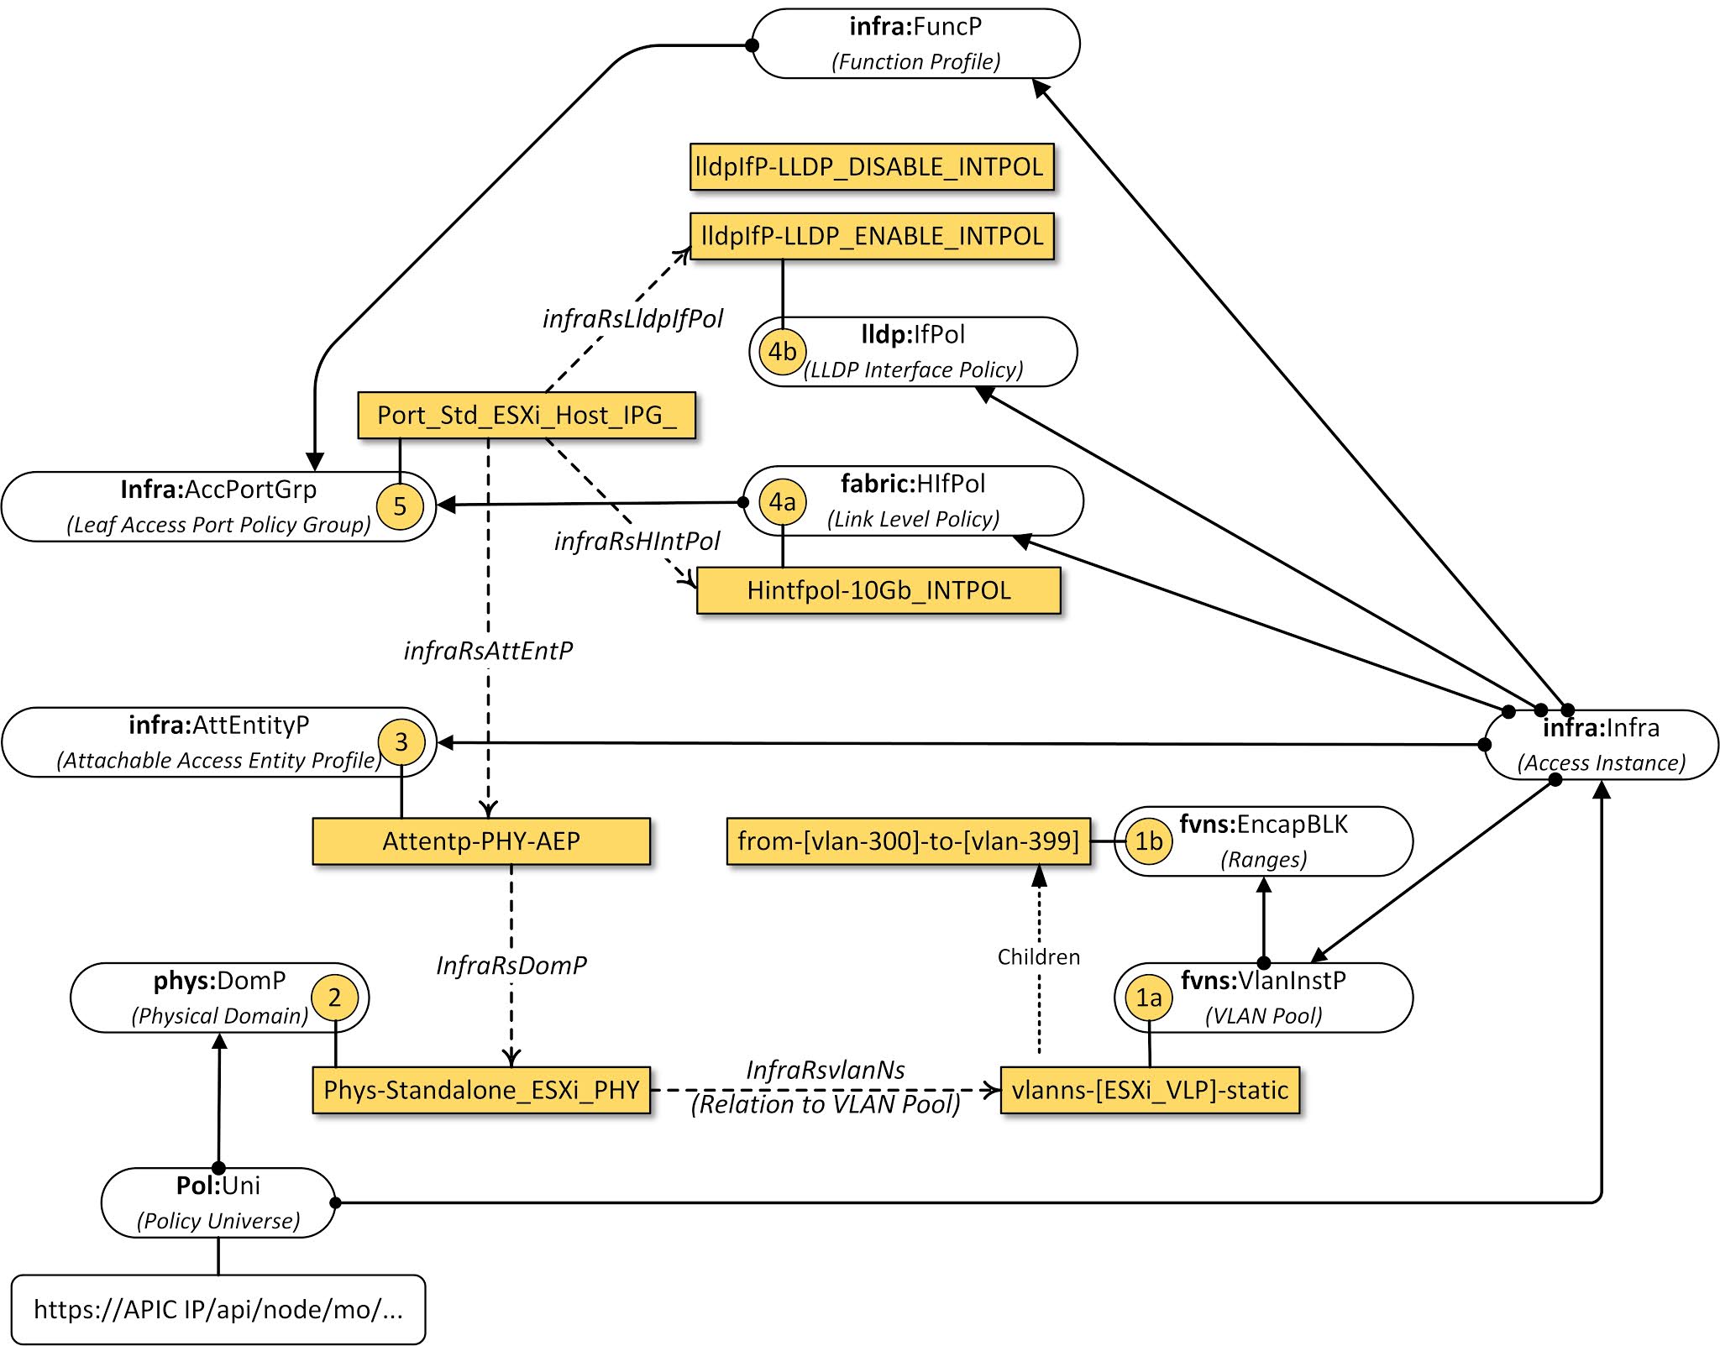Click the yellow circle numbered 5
pyautogui.click(x=400, y=506)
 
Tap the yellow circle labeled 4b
pyautogui.click(x=783, y=351)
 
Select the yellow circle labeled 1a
pyautogui.click(x=1148, y=998)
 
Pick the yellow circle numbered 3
pyautogui.click(x=401, y=742)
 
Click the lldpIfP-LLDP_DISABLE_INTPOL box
pyautogui.click(x=871, y=167)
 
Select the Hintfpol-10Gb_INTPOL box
pyautogui.click(x=878, y=590)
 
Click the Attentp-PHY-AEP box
pyautogui.click(x=481, y=841)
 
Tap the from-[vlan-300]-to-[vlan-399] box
pyautogui.click(x=908, y=841)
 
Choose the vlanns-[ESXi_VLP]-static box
pyautogui.click(x=1150, y=1090)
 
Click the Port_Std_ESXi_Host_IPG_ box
pyautogui.click(x=527, y=415)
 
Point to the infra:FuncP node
pyautogui.click(x=915, y=44)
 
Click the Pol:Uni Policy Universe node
pyautogui.click(x=218, y=1202)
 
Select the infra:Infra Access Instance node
pyautogui.click(x=1601, y=745)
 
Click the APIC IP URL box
pyautogui.click(x=218, y=1309)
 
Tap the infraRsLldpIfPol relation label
pyautogui.click(x=632, y=319)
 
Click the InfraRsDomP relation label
pyautogui.click(x=511, y=966)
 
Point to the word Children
pyautogui.click(x=1039, y=957)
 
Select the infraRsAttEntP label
pyautogui.click(x=488, y=651)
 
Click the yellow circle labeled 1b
pyautogui.click(x=1148, y=841)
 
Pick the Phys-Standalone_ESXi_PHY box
pyautogui.click(x=481, y=1090)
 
